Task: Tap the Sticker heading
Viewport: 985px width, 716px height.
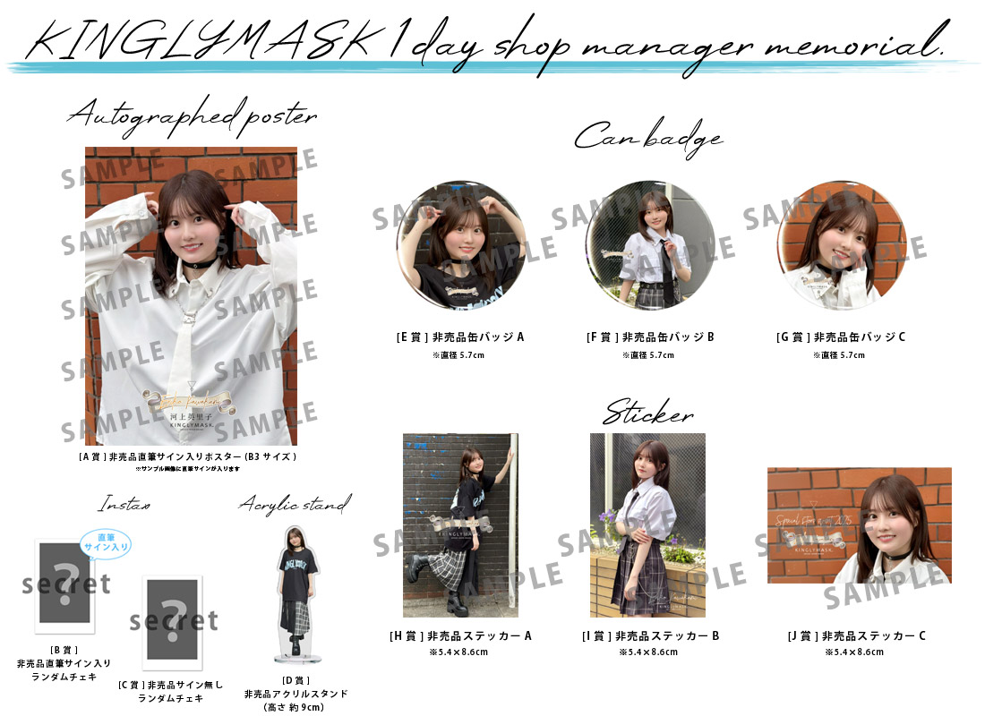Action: [647, 414]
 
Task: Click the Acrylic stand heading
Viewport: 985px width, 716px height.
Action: [295, 505]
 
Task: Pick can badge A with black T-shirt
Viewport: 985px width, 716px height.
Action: [460, 244]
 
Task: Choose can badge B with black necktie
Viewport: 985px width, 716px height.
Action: [650, 244]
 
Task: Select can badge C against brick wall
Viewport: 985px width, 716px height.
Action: [841, 244]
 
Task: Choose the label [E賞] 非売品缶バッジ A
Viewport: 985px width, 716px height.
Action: [460, 337]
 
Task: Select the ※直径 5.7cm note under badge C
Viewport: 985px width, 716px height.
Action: [840, 355]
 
